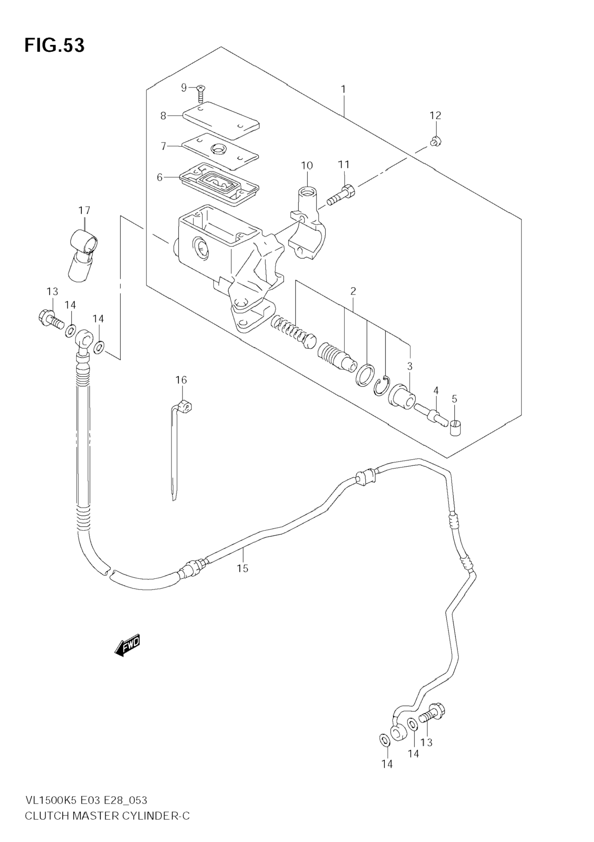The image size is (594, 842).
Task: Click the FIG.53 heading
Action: coord(55,45)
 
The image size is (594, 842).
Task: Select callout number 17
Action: coord(84,210)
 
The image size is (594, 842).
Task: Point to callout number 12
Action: coord(436,116)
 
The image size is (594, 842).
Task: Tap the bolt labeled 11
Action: coord(341,195)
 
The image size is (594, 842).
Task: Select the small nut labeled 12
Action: coord(435,141)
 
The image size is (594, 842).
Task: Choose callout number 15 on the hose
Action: coord(242,568)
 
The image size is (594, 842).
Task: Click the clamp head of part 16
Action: coord(184,406)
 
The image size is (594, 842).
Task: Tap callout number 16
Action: coord(181,380)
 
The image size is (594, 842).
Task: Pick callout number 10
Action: coord(307,166)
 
